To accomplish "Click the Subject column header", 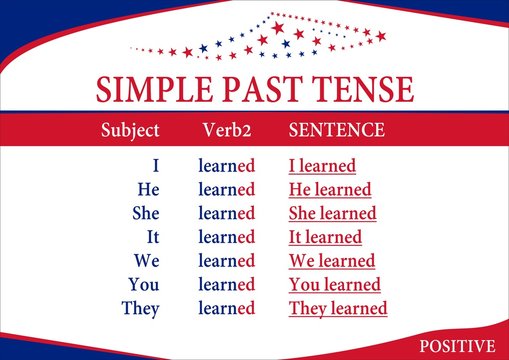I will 130,130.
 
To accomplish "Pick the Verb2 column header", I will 226,130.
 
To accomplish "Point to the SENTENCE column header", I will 336,130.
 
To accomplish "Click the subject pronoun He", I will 148,189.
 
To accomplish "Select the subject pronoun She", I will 145,213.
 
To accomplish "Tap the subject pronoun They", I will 140,308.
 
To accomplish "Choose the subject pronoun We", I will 146,261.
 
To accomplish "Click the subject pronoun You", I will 144,284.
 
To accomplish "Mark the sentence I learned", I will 322,166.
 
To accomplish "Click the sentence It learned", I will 326,237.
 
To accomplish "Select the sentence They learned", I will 338,308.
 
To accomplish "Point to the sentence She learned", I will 332,213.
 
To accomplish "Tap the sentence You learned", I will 334,284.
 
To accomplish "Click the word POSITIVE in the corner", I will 457,346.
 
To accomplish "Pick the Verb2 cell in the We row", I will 227,261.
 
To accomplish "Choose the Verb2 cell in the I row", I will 227,166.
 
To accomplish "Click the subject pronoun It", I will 151,237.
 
